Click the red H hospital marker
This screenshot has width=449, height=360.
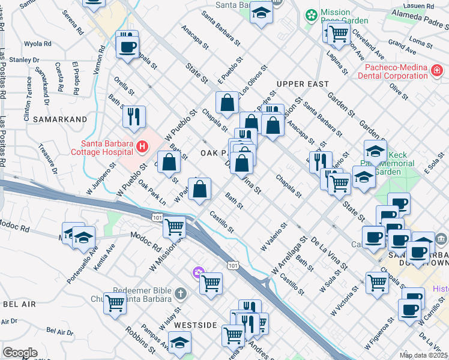tap(142, 146)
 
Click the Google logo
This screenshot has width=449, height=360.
tap(20, 352)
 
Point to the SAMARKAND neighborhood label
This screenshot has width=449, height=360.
tap(59, 119)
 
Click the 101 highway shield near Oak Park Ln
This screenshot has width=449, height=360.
tap(157, 216)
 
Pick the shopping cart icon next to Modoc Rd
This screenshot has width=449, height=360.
tap(174, 226)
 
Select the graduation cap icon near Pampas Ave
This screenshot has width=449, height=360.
tap(179, 342)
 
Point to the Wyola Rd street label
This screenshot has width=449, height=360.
tap(38, 44)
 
